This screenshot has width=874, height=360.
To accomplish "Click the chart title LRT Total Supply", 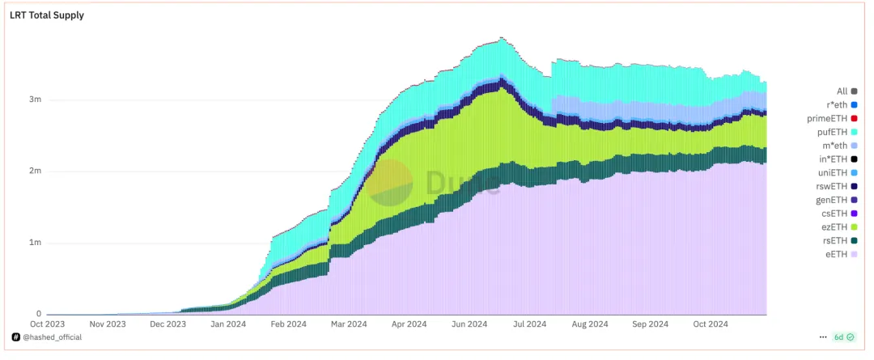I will pos(46,15).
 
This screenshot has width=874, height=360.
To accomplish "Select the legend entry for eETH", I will pos(841,254).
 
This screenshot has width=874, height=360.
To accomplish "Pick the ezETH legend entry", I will pos(841,227).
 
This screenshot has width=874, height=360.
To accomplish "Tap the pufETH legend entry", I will pos(841,132).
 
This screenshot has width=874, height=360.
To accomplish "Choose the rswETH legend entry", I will pos(841,186).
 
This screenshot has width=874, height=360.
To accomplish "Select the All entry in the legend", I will pos(846,91).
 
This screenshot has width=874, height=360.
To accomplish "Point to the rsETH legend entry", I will pos(841,240).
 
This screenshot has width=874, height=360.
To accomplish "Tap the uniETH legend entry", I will pos(841,172).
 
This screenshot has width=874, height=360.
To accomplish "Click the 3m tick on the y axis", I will pos(35,100).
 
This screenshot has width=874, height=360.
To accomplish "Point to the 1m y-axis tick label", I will pos(35,243).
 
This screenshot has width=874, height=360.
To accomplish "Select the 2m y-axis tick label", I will pos(35,172).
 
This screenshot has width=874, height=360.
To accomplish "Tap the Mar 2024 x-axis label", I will pos(348,324).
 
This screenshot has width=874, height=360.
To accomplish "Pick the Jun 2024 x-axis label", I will pos(469,324).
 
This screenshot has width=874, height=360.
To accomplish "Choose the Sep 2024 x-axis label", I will pos(650,324).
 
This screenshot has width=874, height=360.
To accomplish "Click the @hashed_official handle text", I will pos(53,337).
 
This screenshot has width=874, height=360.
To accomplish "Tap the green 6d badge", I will pos(838,337).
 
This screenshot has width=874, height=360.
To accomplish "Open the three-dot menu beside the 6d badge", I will pos(823,337).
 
